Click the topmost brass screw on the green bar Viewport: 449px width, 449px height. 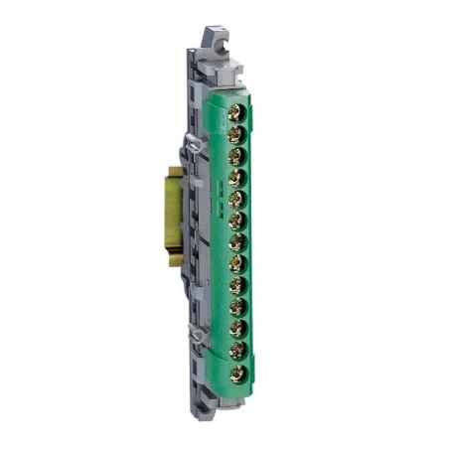235,112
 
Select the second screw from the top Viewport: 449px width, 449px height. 235,134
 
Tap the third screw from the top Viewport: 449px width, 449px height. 235,156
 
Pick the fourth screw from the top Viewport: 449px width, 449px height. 235,178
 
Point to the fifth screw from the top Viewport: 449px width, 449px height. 235,200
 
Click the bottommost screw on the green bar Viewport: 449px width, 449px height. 236,374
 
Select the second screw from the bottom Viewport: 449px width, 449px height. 236,352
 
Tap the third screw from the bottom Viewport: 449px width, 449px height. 236,330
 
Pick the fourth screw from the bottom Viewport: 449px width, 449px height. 236,308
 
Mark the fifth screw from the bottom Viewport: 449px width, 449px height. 236,286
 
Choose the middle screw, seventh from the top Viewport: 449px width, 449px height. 235,242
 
